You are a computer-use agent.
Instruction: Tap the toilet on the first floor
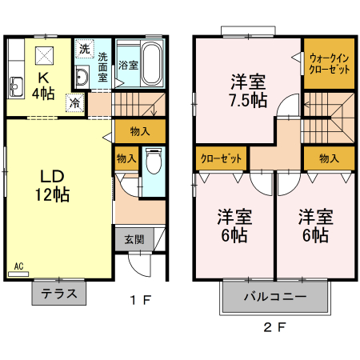154,162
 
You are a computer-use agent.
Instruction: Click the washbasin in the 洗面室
82,77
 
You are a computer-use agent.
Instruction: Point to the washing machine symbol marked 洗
85,49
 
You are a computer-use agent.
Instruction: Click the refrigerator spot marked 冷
75,103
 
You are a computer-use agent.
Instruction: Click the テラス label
59,294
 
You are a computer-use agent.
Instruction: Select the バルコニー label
275,297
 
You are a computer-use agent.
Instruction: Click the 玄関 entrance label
134,239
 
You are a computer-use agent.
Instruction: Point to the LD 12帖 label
53,186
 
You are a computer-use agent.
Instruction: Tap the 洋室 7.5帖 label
248,91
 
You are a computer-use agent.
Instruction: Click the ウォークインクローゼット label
329,64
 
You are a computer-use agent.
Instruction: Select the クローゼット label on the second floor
221,158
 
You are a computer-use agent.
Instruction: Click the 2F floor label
275,327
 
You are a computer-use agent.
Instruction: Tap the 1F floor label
141,300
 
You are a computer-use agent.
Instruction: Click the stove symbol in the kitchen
44,55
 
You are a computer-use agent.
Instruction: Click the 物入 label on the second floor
329,158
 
